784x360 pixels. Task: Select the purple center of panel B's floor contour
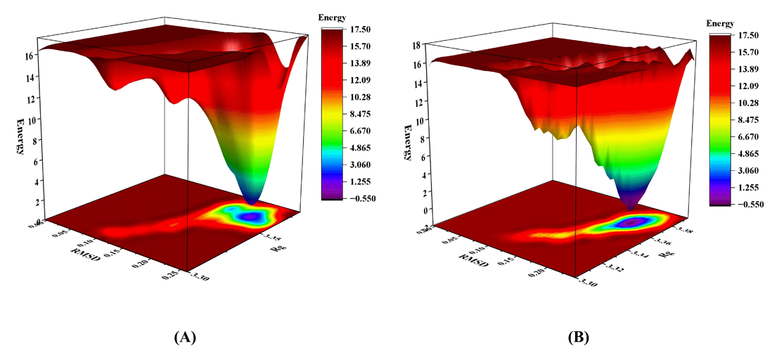[x=631, y=223]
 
